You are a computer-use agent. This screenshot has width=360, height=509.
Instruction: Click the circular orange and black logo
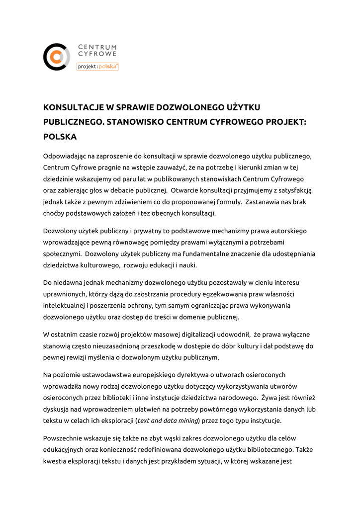[57, 57]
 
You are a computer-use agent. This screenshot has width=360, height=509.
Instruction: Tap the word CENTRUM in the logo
[97, 47]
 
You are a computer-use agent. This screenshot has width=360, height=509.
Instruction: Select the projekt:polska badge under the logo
[97, 66]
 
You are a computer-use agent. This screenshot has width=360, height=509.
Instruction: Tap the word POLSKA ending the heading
[60, 136]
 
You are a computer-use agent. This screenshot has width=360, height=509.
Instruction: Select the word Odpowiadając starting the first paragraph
[65, 156]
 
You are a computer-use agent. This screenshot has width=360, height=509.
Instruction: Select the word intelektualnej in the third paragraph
[63, 305]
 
